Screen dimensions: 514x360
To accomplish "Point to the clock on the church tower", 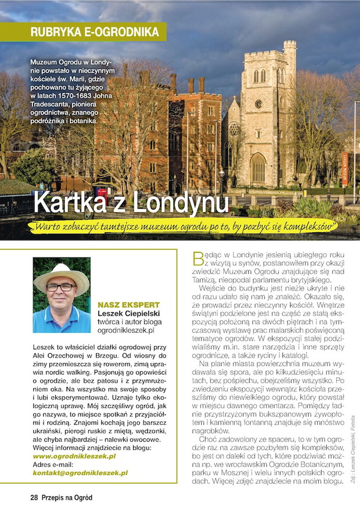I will click(258, 104).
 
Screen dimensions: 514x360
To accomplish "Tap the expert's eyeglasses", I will click(60, 287).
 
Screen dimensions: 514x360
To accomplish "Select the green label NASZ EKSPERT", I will click(128, 305).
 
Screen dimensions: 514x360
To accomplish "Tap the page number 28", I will click(34, 498).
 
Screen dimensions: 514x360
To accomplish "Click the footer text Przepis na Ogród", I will click(67, 498).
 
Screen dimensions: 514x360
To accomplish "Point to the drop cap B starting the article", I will click(197, 257).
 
